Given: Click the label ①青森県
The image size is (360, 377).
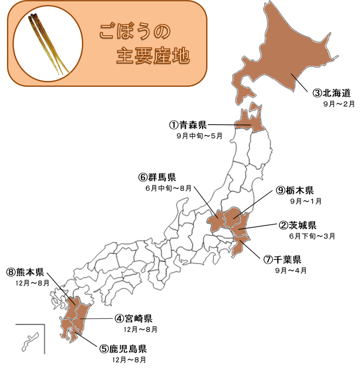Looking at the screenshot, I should click(x=187, y=125).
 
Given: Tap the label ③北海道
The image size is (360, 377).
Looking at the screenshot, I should click(x=332, y=93).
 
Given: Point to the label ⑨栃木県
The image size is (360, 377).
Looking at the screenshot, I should click(x=295, y=190).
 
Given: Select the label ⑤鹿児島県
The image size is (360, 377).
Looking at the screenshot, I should click(x=122, y=349).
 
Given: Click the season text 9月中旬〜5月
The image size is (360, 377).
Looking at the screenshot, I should click(x=199, y=135).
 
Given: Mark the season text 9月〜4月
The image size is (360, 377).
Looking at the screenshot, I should click(x=291, y=270).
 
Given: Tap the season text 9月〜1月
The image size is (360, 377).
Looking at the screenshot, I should click(x=306, y=201).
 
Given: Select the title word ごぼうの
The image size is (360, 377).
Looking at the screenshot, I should click(x=133, y=31).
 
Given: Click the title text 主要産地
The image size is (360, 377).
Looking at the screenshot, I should click(x=153, y=56).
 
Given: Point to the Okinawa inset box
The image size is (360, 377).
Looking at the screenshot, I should click(x=29, y=339).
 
